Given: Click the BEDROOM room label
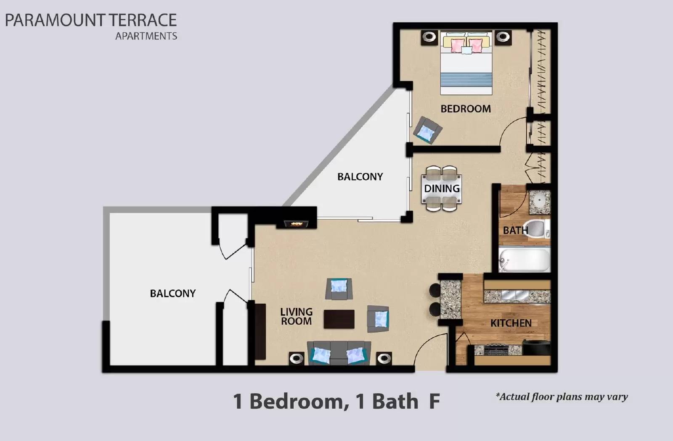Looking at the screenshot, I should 465,108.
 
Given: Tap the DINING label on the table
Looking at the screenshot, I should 441,188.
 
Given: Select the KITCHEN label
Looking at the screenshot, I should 511,323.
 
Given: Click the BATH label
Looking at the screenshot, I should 515,230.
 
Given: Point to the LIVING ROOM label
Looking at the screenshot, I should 296,316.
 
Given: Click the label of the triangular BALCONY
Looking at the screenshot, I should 360,176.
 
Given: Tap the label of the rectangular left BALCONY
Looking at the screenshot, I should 172,293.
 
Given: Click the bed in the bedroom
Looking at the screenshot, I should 466,63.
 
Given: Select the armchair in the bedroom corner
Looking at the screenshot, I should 427,131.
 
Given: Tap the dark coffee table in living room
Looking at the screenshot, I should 339,319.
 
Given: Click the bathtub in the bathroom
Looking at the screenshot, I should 524,260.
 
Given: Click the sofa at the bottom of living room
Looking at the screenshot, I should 339,354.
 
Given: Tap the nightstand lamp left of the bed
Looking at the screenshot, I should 429,37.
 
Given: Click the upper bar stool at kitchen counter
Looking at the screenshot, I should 435,290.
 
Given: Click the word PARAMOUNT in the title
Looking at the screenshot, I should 55,20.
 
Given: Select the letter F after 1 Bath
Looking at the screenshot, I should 434,401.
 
